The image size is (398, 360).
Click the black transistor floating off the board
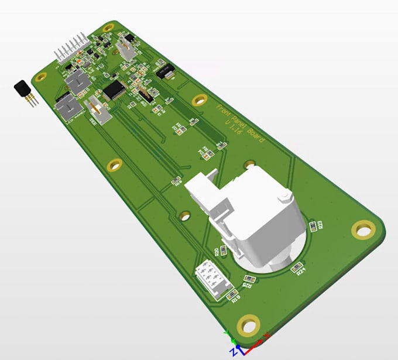coord(22,89)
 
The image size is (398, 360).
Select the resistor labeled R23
coord(313,225)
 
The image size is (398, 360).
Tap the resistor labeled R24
coord(296,268)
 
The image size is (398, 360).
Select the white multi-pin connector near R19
coord(211,277)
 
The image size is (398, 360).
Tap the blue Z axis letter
coord(232,351)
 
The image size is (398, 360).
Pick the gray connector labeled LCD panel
coord(68,108)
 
